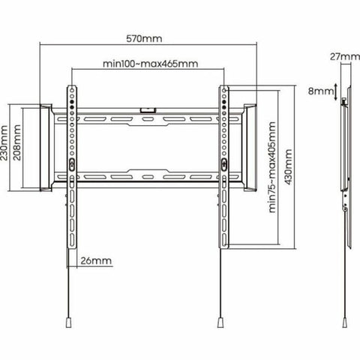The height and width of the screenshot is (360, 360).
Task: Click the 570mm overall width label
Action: point(145,39)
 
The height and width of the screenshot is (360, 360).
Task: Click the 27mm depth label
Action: point(340,55)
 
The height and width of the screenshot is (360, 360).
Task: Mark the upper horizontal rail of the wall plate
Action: point(147,118)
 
